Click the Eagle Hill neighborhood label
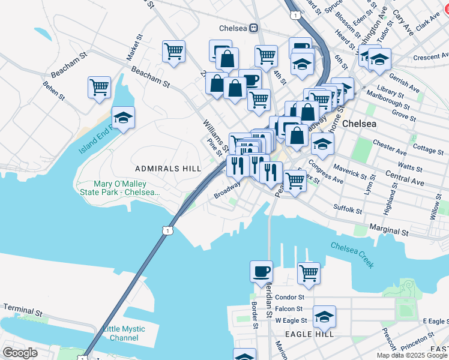(x=304, y=334)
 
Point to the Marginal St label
(x=388, y=230)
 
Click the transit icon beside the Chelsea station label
(x=255, y=28)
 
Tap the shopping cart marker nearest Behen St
(x=99, y=87)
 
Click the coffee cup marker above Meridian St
(x=261, y=271)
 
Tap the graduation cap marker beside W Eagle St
(x=324, y=316)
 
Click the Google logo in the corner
(x=20, y=353)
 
